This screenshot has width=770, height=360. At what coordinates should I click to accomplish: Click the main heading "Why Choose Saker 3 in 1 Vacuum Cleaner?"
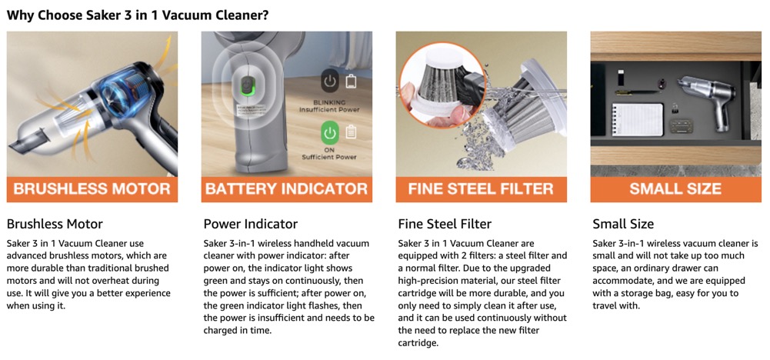(x=138, y=15)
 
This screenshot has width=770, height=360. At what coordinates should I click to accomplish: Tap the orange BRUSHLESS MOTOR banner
(x=92, y=189)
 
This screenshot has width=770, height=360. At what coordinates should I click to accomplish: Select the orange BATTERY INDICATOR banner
(x=286, y=189)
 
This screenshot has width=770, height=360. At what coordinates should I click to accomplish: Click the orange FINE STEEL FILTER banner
(x=482, y=189)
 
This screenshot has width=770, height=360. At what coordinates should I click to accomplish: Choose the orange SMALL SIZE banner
(x=675, y=189)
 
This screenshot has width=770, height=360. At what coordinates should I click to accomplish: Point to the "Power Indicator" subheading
(x=251, y=225)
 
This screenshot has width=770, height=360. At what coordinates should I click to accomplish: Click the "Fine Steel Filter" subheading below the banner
(x=445, y=225)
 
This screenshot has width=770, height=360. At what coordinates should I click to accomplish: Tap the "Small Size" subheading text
(x=623, y=225)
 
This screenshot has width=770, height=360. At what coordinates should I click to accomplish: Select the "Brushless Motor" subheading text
(x=55, y=225)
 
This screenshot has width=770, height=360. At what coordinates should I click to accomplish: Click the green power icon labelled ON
(x=331, y=132)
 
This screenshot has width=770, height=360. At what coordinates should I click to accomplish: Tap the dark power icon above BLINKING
(x=331, y=81)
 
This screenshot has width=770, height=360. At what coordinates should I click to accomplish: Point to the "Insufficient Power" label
(x=329, y=109)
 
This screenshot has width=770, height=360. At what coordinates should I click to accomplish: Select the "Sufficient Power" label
(x=330, y=157)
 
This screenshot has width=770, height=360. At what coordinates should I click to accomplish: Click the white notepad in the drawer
(x=638, y=119)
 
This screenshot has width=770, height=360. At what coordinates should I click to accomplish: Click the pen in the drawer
(x=638, y=91)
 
